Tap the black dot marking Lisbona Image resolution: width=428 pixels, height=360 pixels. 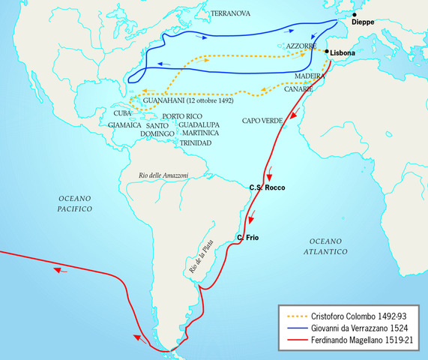(328, 52)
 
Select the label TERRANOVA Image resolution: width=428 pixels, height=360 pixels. (230, 13)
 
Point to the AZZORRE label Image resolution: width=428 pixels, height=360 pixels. (301, 46)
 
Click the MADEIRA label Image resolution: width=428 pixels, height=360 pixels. (310, 76)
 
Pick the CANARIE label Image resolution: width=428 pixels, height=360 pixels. (304, 88)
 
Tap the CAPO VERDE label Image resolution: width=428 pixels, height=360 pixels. (262, 120)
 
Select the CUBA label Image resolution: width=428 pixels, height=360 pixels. (122, 113)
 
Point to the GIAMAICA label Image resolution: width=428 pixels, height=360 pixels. (124, 125)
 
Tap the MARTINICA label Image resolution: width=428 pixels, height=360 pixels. (199, 133)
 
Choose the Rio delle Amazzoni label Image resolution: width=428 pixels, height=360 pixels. (163, 175)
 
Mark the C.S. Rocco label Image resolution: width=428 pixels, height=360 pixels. (267, 187)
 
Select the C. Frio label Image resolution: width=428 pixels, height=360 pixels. (247, 238)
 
